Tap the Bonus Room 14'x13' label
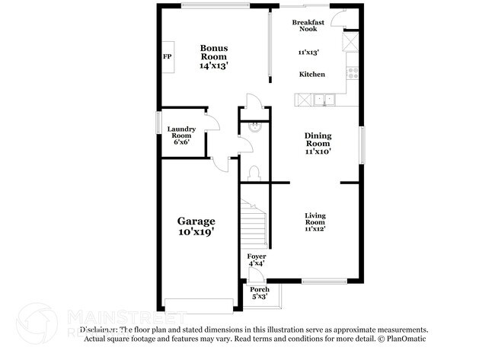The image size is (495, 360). pyautogui.click(x=214, y=57)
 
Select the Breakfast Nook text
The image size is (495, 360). pyautogui.click(x=308, y=25)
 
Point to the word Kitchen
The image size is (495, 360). pyautogui.click(x=312, y=75)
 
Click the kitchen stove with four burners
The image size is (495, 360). pyautogui.click(x=353, y=73)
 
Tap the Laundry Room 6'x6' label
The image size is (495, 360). pyautogui.click(x=182, y=135)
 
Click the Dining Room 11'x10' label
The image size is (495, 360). pyautogui.click(x=318, y=144)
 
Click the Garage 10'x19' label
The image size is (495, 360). pyautogui.click(x=196, y=227)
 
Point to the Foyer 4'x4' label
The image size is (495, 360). pyautogui.click(x=257, y=260)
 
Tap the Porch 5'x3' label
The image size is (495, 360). pyautogui.click(x=260, y=292)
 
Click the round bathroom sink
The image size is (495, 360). pyautogui.click(x=255, y=128)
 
